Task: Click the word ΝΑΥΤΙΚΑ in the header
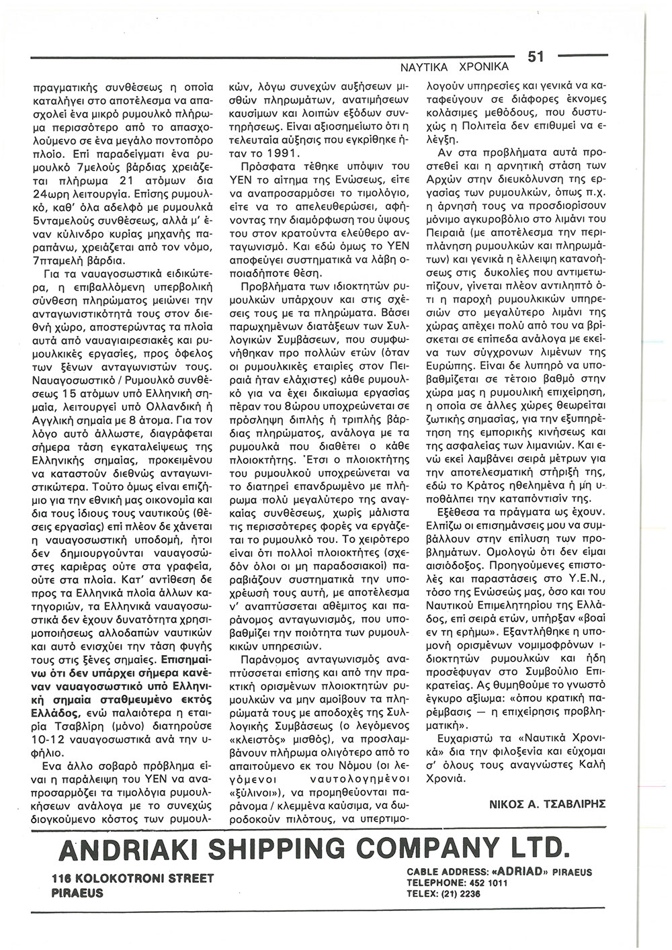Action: pyautogui.click(x=421, y=68)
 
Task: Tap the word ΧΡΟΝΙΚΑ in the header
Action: pyautogui.click(x=480, y=68)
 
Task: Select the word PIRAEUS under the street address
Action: pyautogui.click(x=78, y=894)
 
